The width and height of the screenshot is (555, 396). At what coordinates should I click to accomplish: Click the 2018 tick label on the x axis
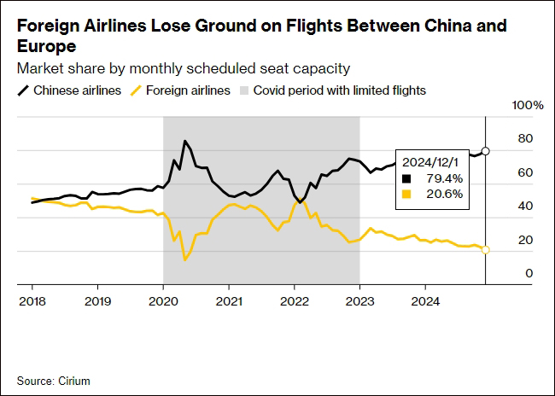pos(32,300)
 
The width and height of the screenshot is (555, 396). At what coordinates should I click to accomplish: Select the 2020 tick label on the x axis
pos(163,300)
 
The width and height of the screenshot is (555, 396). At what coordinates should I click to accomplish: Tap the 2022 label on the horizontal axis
pos(295,300)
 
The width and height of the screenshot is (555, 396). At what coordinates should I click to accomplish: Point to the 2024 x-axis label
pos(425,300)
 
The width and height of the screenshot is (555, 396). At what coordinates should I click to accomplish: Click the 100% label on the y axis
pos(528,105)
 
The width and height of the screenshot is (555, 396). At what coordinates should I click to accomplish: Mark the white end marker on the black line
pos(486,151)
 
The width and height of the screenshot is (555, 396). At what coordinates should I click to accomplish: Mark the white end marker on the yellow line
pos(486,249)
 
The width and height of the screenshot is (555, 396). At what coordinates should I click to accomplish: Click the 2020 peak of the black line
pos(185,141)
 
